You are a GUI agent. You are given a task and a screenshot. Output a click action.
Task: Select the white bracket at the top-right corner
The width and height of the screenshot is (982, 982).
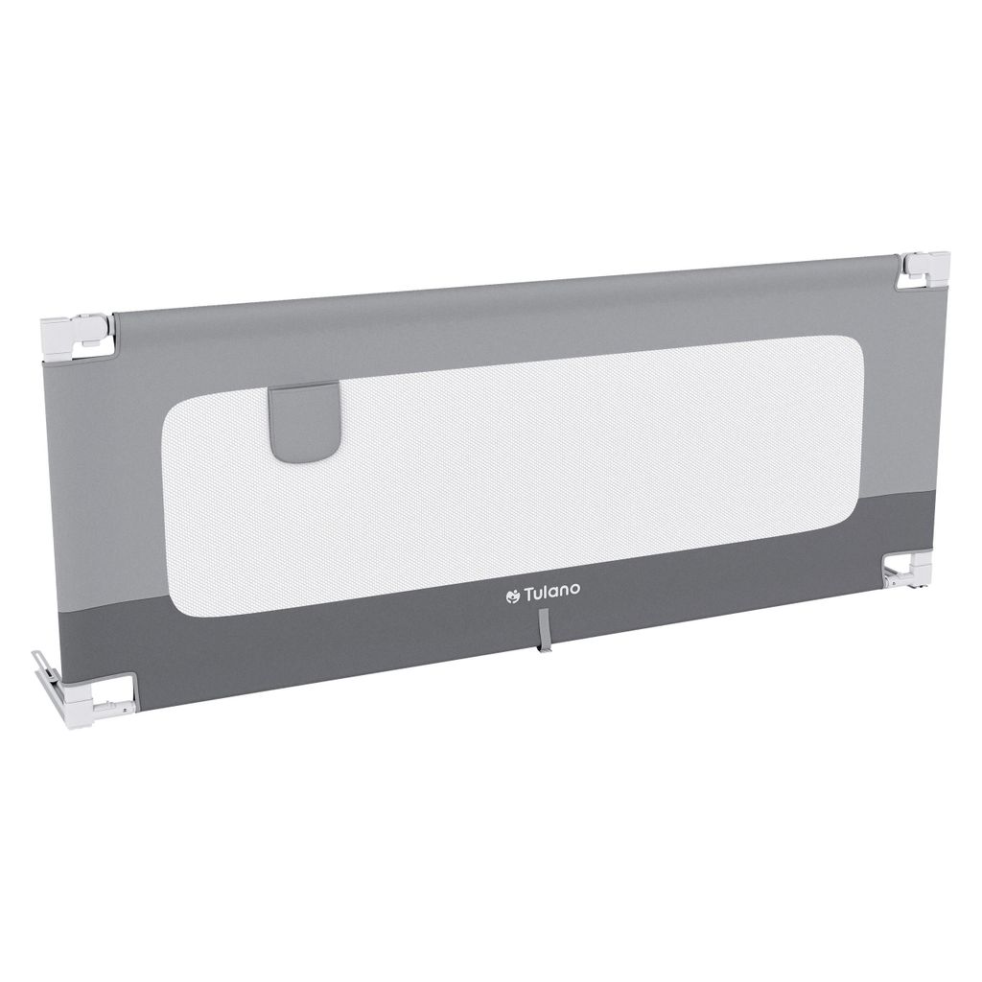923,269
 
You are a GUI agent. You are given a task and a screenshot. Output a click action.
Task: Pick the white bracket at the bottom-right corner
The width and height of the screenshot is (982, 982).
908,570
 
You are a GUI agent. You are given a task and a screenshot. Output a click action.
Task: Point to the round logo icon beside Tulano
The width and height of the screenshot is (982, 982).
513,596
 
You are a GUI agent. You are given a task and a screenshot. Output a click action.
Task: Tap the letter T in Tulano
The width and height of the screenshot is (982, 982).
529,594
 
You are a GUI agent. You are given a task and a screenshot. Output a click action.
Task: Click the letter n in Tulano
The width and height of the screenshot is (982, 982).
564,592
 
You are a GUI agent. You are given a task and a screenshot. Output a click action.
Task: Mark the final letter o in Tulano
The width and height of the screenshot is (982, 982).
575,590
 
